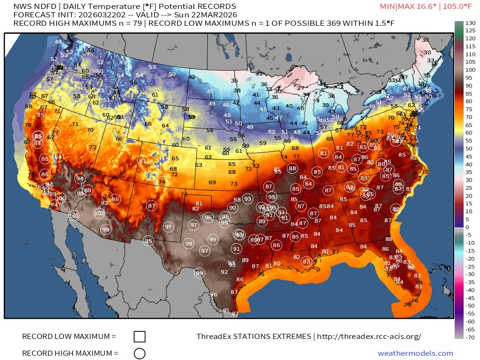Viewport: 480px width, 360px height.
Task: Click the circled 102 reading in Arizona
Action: pos(99,213)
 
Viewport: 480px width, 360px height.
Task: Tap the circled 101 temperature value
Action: pos(74,216)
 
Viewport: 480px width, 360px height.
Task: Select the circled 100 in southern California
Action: pos(61,198)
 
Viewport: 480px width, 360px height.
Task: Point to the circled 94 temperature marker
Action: pos(80,179)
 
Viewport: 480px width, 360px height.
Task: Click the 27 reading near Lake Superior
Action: pos(300,88)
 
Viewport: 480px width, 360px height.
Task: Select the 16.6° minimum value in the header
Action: pos(422,6)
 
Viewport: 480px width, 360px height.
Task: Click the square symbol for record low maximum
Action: pos(139,337)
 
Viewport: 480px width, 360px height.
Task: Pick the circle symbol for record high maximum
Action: pos(139,353)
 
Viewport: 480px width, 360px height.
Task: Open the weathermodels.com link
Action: pos(415,353)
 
